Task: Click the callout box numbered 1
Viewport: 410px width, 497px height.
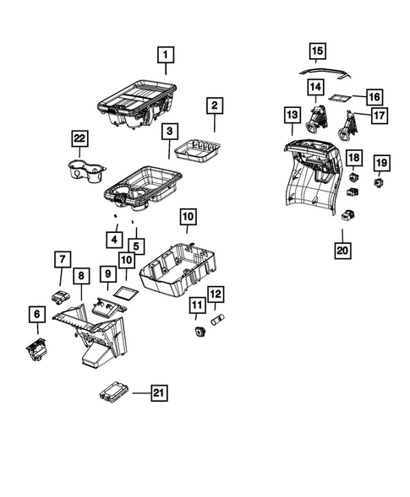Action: [166, 56]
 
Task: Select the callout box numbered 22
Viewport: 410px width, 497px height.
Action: [79, 139]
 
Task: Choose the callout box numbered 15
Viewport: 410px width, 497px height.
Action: [316, 52]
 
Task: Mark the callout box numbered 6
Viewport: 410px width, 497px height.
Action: [36, 314]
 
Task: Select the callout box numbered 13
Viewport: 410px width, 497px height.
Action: [292, 114]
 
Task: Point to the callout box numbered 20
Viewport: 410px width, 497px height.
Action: [344, 251]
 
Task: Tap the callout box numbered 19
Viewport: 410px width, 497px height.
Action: [381, 162]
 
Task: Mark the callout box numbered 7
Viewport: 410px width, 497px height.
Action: [61, 258]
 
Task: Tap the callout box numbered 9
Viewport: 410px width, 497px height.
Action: [107, 274]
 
